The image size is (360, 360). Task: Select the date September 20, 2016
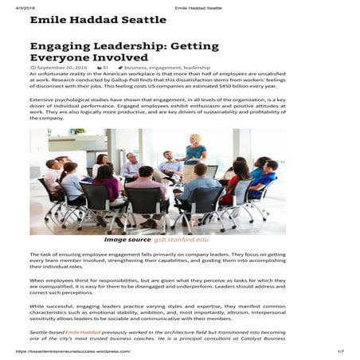64,68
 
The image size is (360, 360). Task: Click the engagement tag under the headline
165,68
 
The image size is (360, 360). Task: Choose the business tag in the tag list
135,68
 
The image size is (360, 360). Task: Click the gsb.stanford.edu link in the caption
181,239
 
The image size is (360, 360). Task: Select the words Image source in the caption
127,239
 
